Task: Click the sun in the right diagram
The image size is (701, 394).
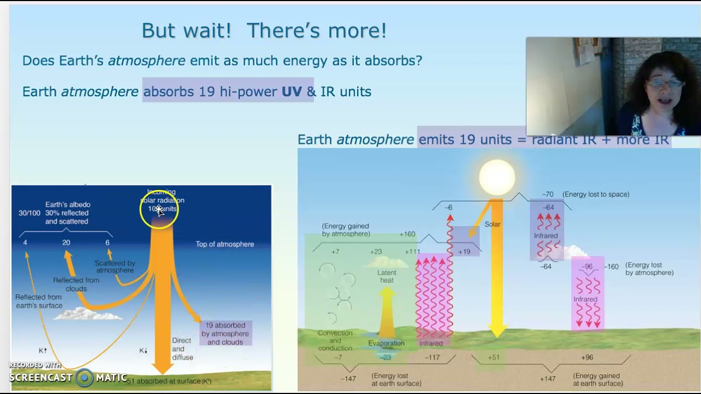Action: point(497,177)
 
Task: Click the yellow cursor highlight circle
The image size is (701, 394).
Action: point(159,208)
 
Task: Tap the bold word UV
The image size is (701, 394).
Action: point(291,91)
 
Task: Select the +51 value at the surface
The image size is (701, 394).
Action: point(493,357)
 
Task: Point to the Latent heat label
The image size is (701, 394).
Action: point(386,276)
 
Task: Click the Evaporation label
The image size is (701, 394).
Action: point(386,343)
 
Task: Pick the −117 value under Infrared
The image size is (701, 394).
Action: point(432,357)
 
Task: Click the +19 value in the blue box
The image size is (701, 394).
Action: point(464,252)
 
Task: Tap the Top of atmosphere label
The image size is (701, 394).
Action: point(225,244)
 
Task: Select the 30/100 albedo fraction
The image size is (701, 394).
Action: point(29,213)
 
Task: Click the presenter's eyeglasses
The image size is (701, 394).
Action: point(665,83)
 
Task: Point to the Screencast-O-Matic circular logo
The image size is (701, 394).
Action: point(84,377)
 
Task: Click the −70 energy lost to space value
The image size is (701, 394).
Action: point(548,194)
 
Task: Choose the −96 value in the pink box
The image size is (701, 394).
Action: point(587,266)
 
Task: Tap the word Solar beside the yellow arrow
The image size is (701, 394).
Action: point(492,224)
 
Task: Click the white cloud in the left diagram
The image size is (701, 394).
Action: point(88,314)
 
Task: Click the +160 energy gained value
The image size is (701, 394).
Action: point(407,234)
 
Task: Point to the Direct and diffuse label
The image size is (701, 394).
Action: point(182,349)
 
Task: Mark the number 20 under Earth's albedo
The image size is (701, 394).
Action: point(66,242)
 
